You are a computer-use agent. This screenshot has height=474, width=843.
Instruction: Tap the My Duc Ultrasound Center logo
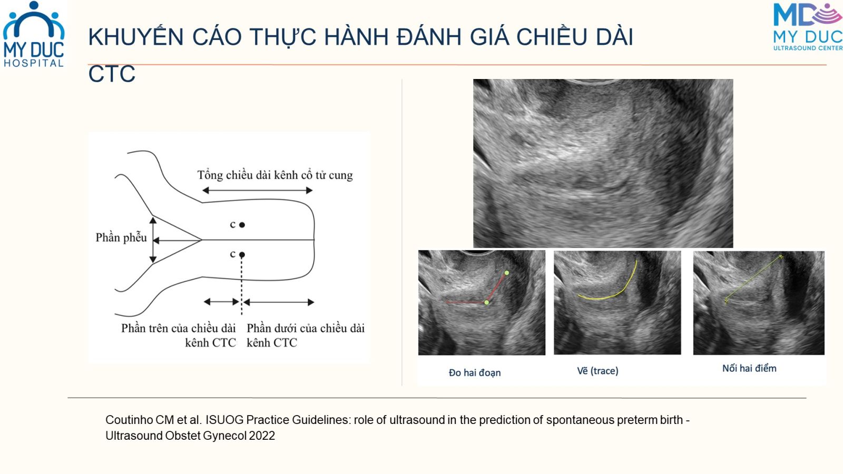[808, 26]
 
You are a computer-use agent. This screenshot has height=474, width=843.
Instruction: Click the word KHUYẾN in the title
[136, 36]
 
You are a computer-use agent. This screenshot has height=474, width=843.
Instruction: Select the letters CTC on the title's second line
[112, 74]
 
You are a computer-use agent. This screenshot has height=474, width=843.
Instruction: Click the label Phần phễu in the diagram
[121, 238]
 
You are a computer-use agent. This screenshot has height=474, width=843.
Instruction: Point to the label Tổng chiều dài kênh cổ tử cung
[275, 175]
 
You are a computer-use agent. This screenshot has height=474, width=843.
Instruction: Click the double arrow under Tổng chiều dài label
[258, 190]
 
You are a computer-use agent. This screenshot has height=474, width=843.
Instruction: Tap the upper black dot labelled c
[242, 225]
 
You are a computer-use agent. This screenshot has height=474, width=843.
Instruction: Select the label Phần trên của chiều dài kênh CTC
[179, 335]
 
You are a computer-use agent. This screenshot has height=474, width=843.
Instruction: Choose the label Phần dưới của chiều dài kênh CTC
[306, 335]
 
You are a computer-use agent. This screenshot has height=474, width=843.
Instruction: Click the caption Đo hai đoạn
[475, 372]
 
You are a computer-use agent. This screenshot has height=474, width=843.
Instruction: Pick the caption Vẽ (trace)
[597, 371]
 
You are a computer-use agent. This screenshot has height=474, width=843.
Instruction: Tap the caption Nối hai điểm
[749, 368]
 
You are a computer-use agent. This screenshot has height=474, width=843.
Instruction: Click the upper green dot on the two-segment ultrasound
[507, 273]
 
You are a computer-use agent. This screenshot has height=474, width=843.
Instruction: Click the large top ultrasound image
[603, 163]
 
